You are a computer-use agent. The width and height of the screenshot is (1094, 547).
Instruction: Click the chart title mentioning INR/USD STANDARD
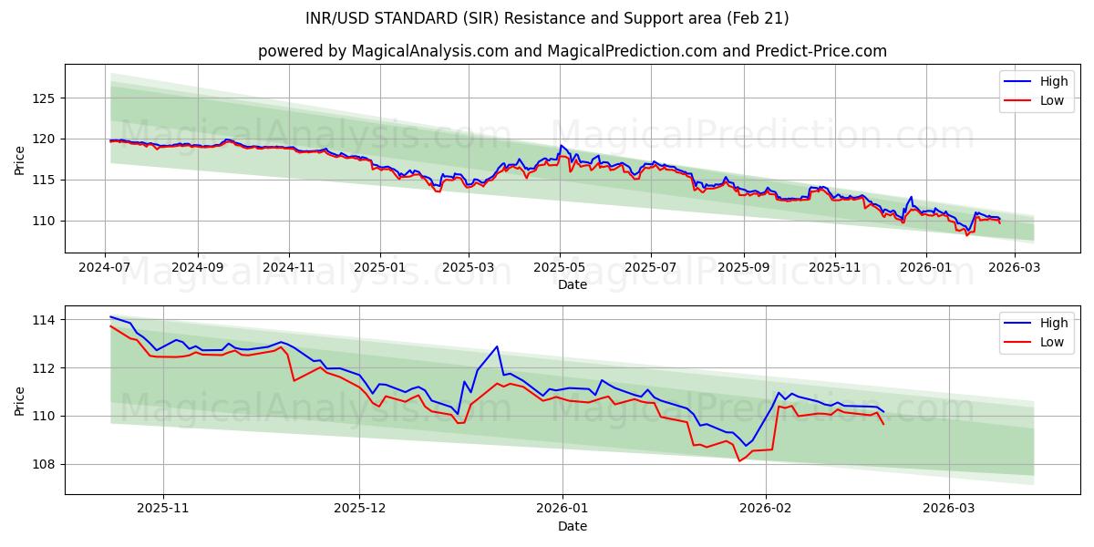547,18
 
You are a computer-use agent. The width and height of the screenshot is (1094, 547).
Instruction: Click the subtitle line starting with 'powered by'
572,51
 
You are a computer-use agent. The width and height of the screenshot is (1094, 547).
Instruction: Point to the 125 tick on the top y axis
45,98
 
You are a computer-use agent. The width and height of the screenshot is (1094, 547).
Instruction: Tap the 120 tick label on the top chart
45,139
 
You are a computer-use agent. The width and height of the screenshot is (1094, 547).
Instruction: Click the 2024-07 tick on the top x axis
105,267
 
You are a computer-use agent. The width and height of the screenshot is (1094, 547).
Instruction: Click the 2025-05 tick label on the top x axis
560,267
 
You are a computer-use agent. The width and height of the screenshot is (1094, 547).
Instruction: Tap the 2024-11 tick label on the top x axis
289,267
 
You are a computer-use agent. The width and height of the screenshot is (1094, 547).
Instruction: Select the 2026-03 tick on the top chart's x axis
1015,267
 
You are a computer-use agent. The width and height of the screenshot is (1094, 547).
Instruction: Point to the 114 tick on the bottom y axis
45,320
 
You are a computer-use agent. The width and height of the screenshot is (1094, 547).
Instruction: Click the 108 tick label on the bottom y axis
45,464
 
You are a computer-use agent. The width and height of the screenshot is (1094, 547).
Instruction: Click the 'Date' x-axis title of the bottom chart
572,526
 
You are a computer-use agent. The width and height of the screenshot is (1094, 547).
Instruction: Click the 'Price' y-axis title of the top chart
20,159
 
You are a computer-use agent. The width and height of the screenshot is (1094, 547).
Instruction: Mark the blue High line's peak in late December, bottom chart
497,346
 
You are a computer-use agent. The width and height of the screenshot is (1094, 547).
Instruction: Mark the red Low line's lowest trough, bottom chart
739,460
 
